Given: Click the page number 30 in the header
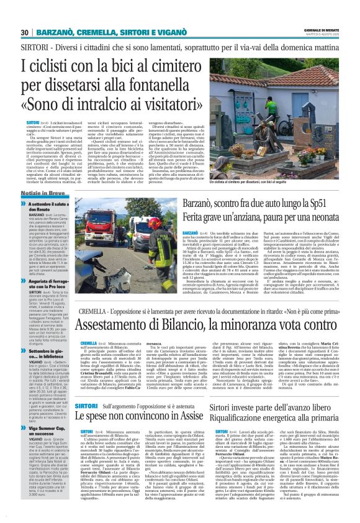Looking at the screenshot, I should coord(24,32).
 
